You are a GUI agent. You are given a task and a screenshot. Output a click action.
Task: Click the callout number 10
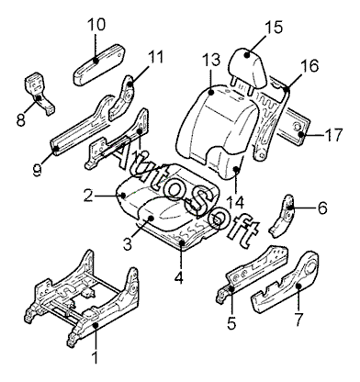96,25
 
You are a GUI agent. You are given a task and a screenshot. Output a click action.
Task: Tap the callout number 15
274,27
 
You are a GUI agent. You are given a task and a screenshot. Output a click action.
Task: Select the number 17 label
333,135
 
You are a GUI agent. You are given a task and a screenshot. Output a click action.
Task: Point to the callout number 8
21,119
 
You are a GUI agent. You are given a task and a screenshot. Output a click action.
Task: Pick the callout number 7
298,320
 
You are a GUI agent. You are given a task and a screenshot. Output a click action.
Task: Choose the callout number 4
179,277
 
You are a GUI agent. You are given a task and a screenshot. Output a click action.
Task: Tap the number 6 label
322,208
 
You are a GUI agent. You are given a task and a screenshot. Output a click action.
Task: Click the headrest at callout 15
248,67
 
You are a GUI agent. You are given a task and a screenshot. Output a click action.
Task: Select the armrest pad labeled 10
98,63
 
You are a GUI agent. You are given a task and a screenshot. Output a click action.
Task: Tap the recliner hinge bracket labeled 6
282,216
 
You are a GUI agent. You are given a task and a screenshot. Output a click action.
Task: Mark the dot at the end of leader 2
123,195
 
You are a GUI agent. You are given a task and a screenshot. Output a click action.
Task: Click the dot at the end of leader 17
301,134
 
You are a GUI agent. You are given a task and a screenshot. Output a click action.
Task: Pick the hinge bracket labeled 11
122,98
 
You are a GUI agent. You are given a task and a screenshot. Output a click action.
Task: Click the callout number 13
211,60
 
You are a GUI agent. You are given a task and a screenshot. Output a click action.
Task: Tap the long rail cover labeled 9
82,126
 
